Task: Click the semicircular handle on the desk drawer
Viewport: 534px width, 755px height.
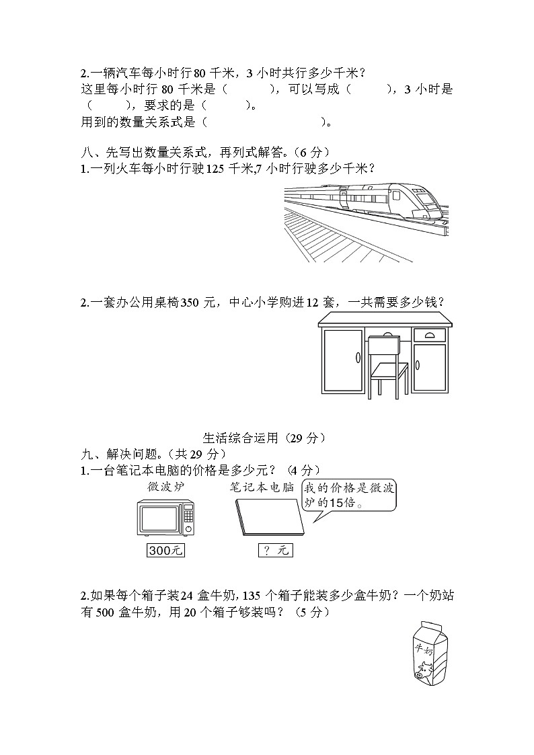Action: click(430, 333)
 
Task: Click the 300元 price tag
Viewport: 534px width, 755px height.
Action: click(165, 551)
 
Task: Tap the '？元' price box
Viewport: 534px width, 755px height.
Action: click(275, 551)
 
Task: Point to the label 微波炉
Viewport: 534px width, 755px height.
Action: click(165, 486)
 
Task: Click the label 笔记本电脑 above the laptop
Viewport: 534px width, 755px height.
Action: click(261, 486)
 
